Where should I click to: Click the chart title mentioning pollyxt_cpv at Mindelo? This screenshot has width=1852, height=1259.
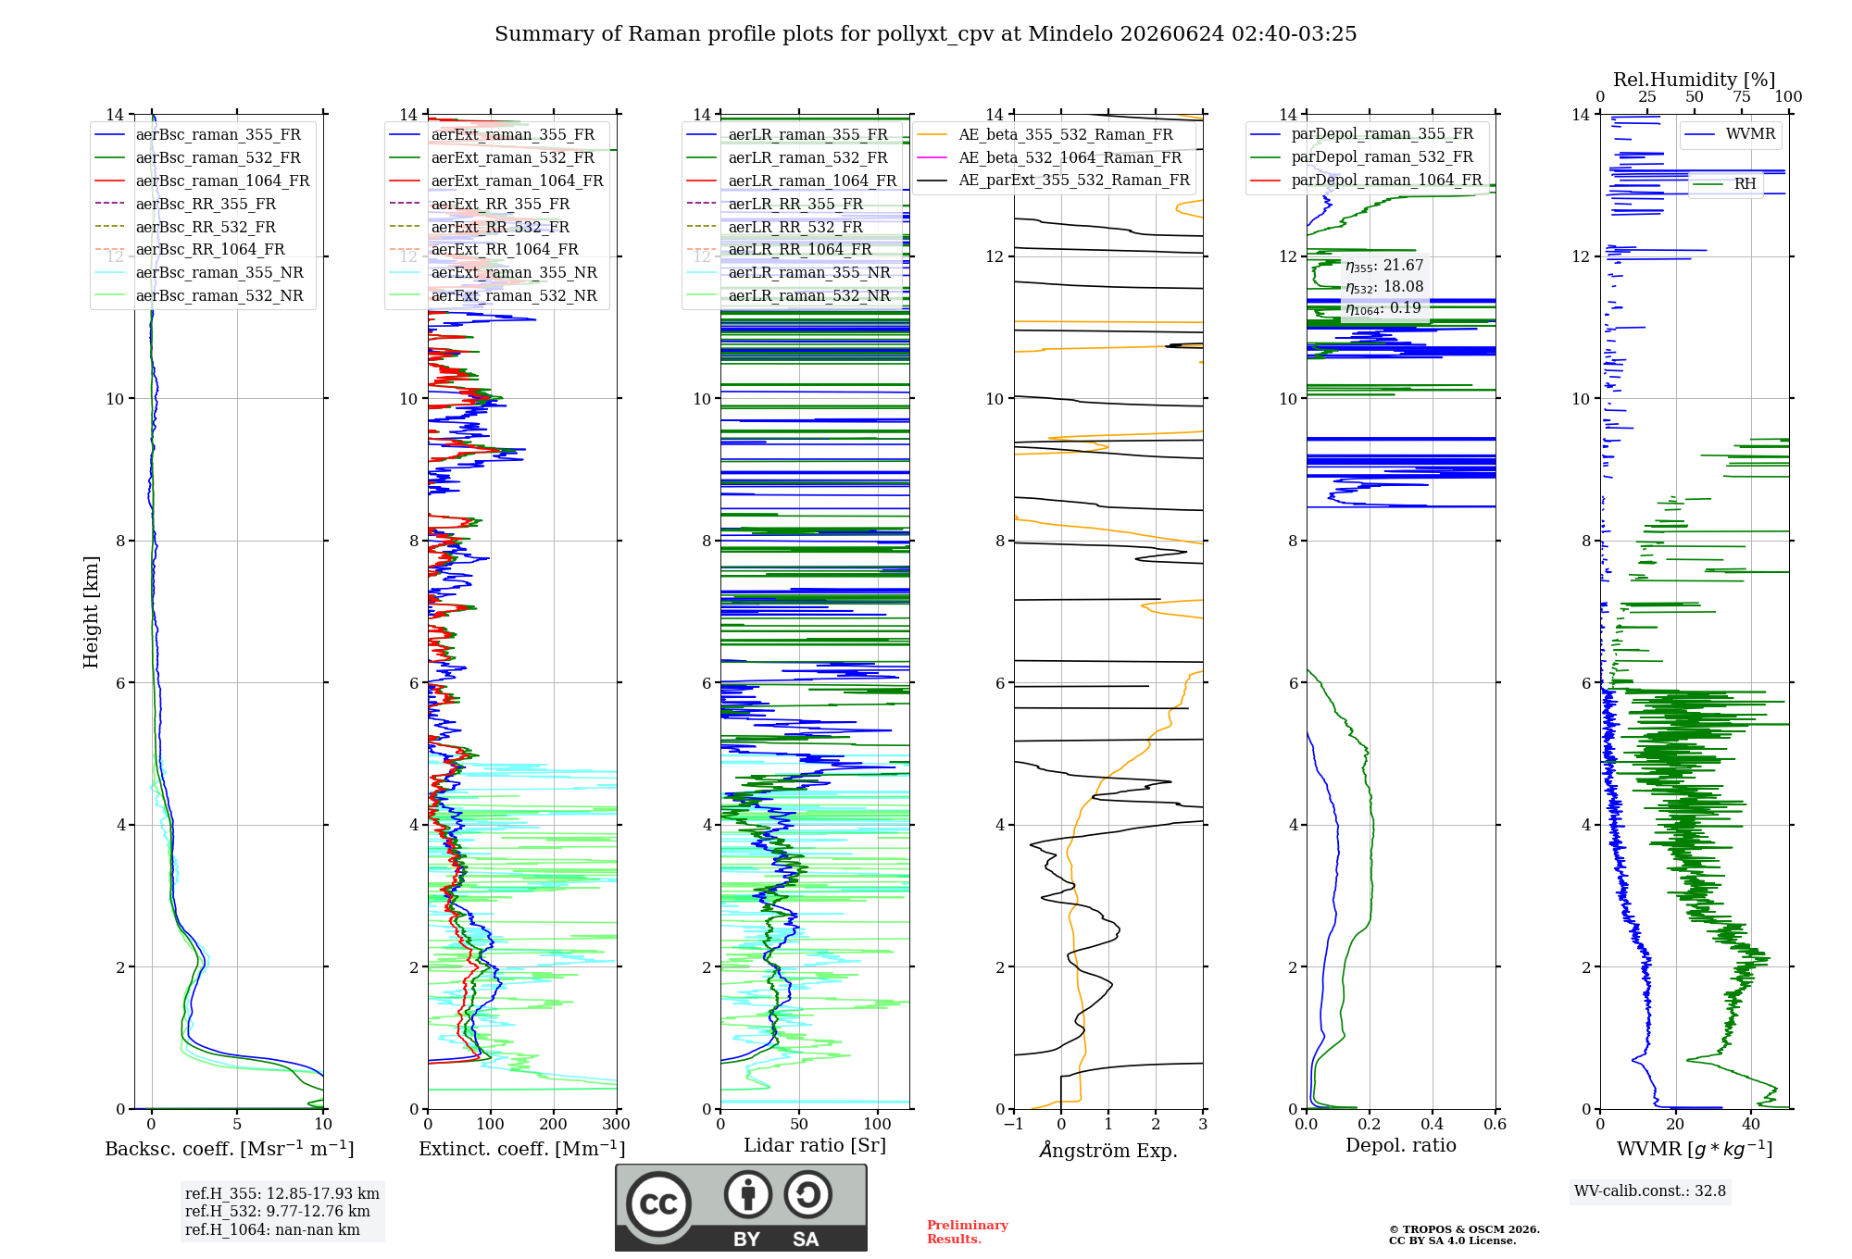(x=925, y=34)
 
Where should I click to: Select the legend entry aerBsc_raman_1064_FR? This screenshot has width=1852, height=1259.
(x=222, y=181)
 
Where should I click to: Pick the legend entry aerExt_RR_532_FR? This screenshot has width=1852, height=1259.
(x=500, y=227)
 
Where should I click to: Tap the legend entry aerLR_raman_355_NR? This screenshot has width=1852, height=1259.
(x=809, y=272)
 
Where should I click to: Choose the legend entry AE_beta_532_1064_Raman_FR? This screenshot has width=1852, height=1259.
(x=1070, y=157)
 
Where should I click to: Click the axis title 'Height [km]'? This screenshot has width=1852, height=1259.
(x=91, y=612)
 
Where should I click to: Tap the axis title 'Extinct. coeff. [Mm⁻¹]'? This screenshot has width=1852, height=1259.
(x=522, y=1149)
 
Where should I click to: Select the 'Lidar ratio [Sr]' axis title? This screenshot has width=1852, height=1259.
(x=815, y=1145)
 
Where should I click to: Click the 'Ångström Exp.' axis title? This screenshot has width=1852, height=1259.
(x=1108, y=1149)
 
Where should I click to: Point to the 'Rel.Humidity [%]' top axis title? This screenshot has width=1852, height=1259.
(x=1695, y=80)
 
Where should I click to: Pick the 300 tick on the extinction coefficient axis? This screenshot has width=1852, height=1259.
(x=616, y=1124)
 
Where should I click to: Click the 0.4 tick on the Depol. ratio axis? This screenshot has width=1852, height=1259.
(x=1433, y=1124)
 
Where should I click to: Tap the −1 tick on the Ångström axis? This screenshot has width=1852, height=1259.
(x=1014, y=1124)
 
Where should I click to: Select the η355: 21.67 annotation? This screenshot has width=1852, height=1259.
(x=1384, y=266)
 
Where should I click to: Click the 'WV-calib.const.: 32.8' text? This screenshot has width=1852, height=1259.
(x=1650, y=1190)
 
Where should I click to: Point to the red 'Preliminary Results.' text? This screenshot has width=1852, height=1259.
(x=968, y=1232)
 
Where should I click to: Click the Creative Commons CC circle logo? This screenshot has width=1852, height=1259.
(x=658, y=1204)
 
